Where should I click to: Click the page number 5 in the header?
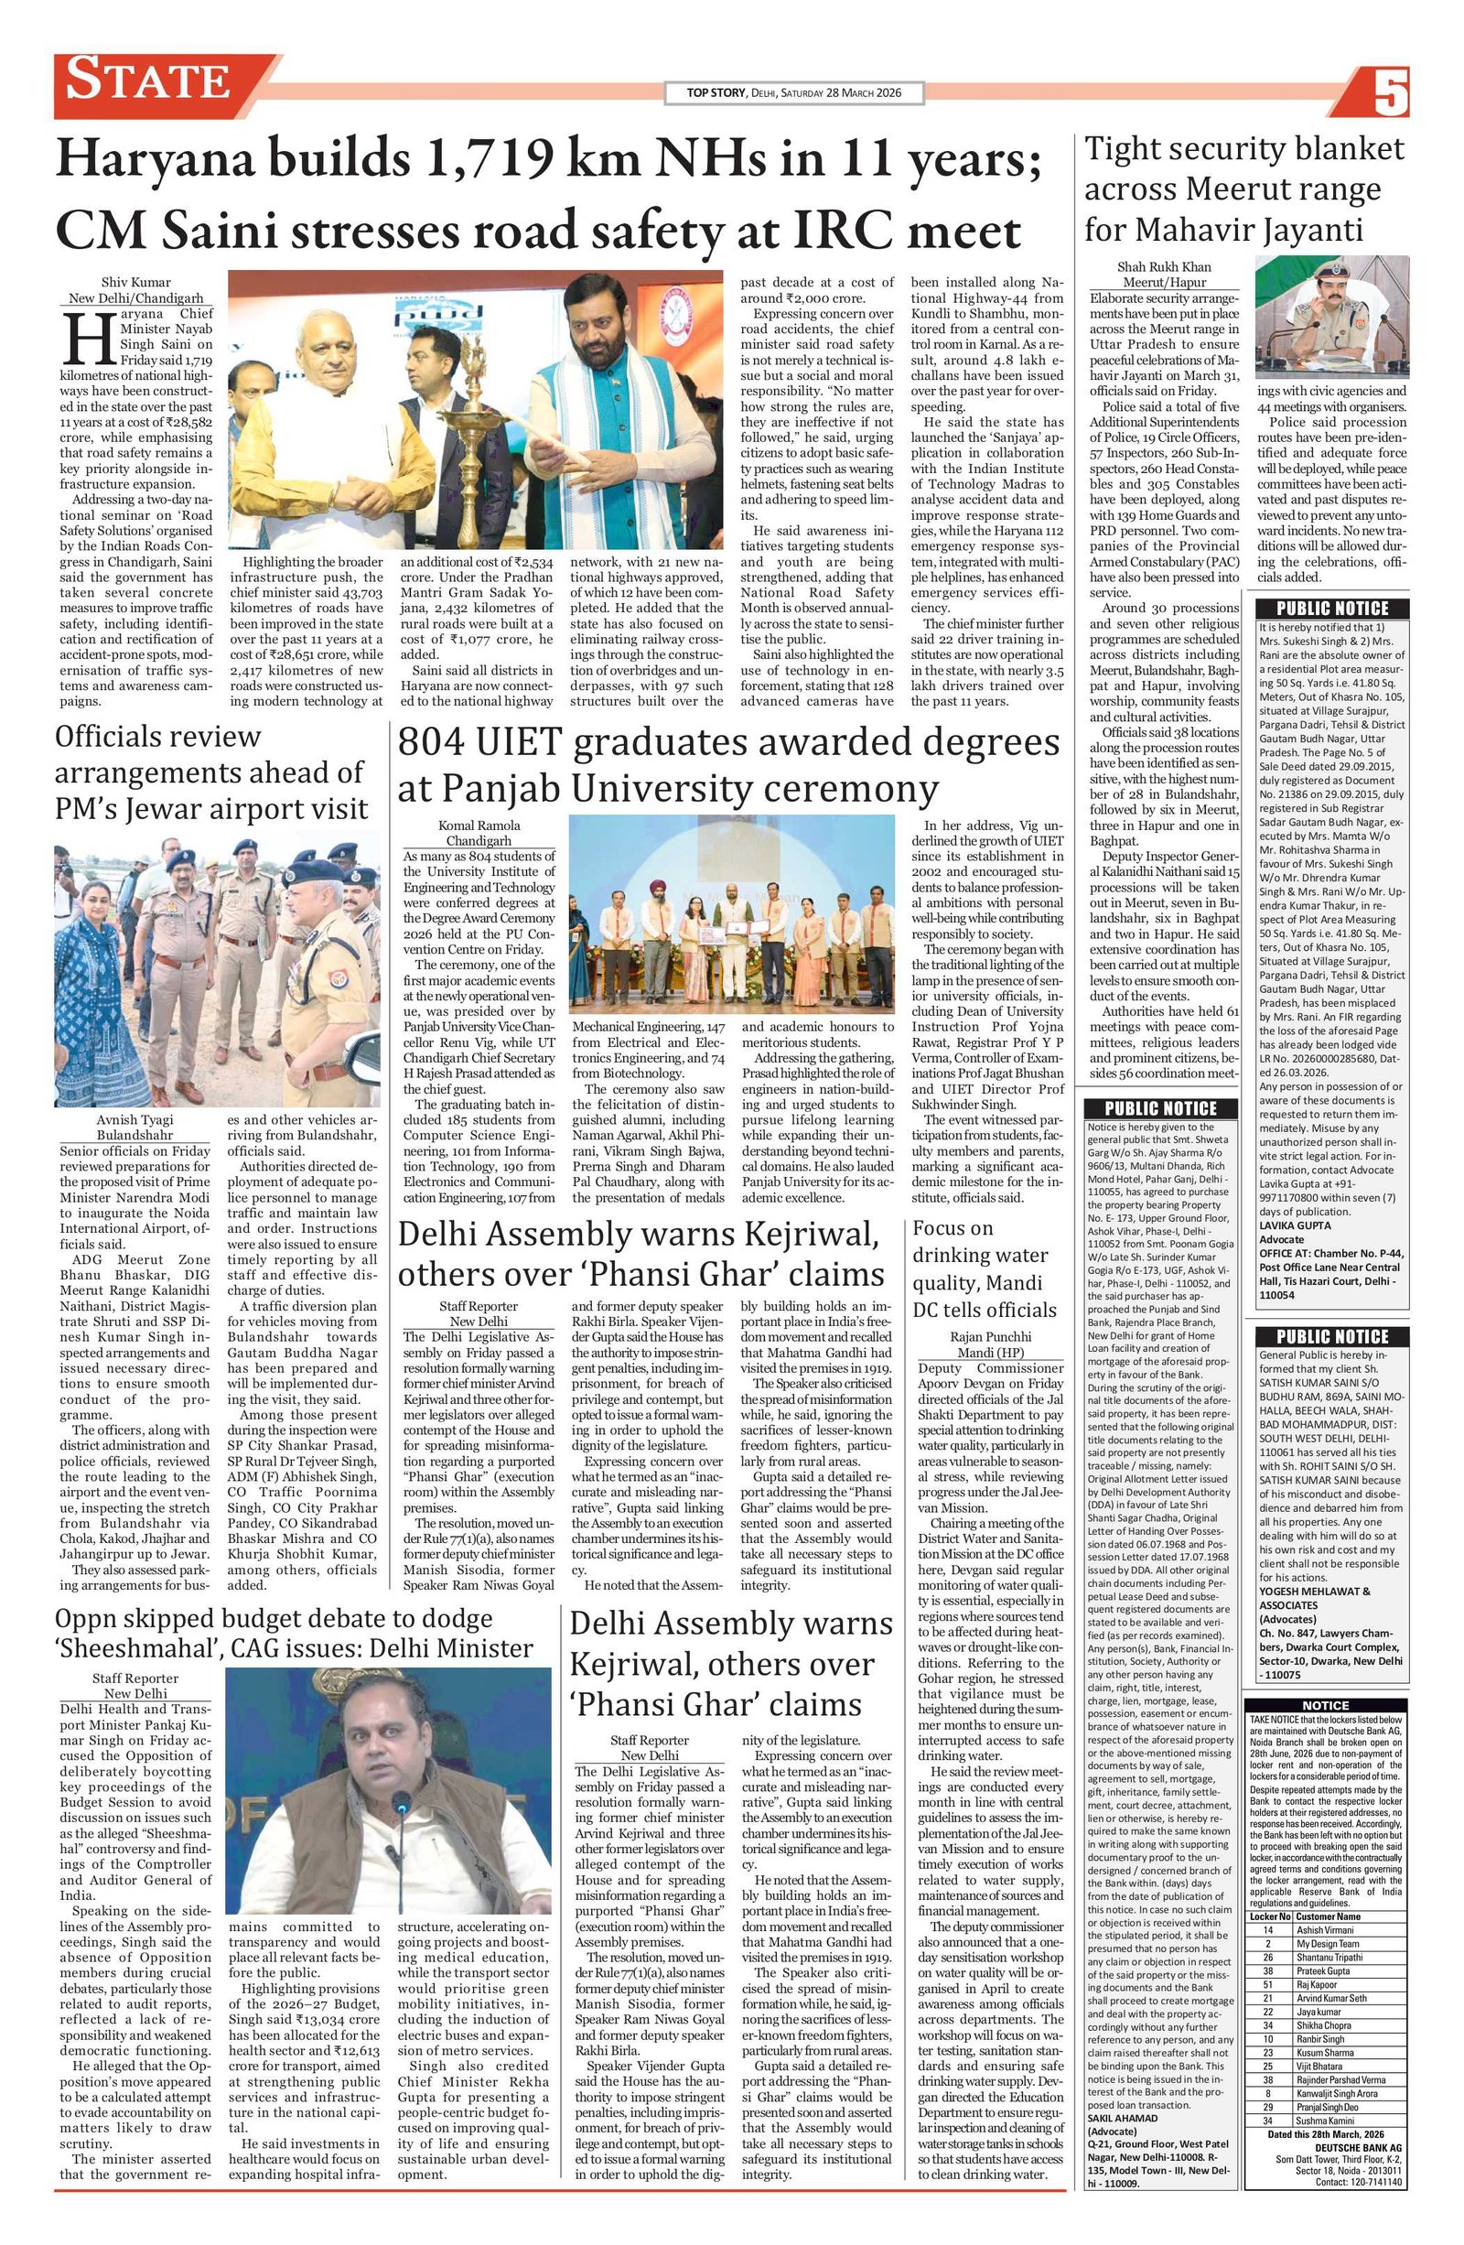(x=1390, y=92)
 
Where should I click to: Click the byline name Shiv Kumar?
(x=136, y=281)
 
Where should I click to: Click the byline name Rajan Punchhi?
(x=985, y=1336)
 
